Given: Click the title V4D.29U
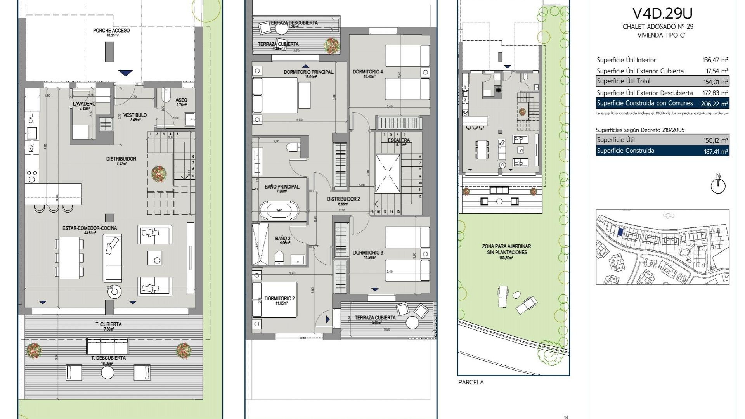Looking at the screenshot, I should (662, 14).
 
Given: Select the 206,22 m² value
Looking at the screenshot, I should (714, 104).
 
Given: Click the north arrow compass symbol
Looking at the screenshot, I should (718, 185).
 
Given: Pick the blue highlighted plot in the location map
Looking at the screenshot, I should (620, 232).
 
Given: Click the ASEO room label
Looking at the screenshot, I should (181, 100).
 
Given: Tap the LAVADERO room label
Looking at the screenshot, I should (84, 104).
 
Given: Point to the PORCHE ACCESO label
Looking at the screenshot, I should (111, 31).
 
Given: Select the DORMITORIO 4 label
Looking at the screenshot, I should (367, 72).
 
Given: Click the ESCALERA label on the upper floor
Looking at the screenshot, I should (398, 140).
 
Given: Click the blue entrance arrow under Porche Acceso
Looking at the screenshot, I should (125, 73).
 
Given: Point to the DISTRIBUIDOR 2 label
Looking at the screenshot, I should (343, 199).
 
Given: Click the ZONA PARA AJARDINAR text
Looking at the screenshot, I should (506, 246).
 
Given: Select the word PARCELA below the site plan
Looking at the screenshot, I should (471, 382).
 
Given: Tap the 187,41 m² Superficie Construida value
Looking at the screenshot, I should (716, 151).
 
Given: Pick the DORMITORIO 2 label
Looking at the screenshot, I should (279, 298).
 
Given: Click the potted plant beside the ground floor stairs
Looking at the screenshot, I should (159, 173).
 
